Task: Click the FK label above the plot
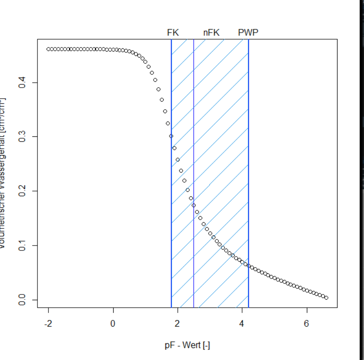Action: click(173, 33)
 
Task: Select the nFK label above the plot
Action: click(211, 33)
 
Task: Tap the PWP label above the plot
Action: click(248, 33)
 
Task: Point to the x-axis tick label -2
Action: click(48, 324)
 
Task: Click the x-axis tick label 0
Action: click(113, 324)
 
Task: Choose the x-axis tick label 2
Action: click(177, 324)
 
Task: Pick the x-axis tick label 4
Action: click(242, 324)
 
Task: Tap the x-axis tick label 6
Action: click(307, 324)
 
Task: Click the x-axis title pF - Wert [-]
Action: click(187, 345)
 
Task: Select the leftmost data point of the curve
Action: click(48, 49)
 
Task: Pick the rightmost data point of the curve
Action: click(326, 298)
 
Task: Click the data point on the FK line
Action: click(171, 136)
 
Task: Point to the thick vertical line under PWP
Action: click(248, 176)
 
